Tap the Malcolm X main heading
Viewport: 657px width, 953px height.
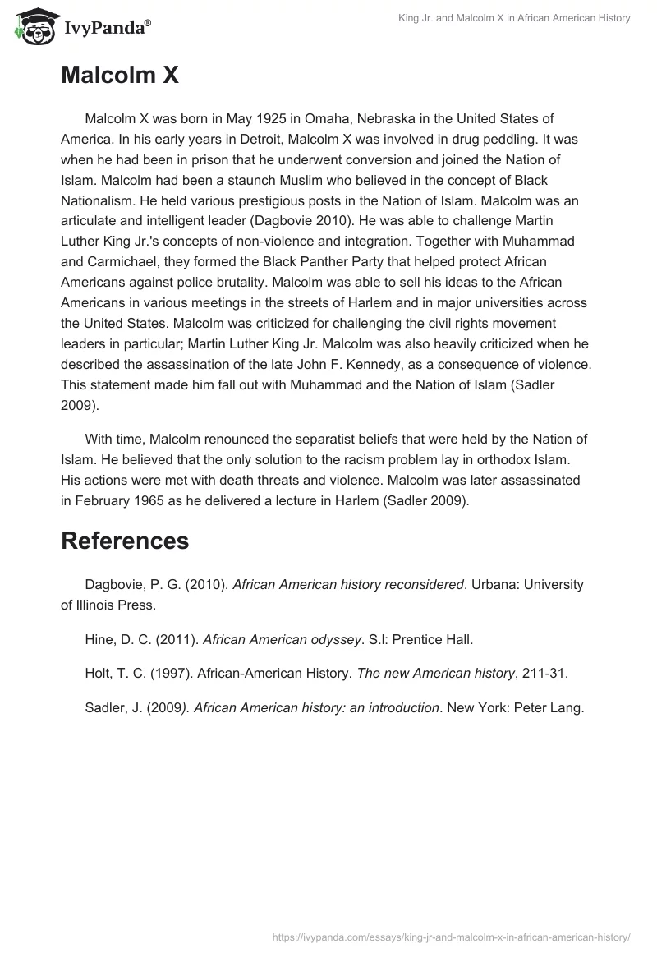point(120,76)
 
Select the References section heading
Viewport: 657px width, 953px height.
point(125,540)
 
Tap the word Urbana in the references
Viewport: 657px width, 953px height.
point(494,584)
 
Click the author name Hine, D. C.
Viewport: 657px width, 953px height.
point(115,638)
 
